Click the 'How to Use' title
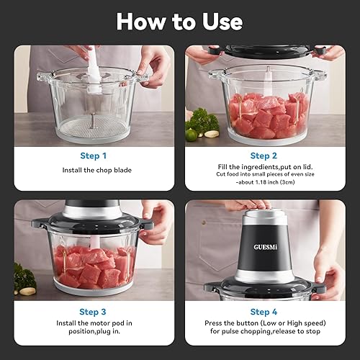pos(179,21)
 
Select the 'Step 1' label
pos(94,155)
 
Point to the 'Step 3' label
pos(94,312)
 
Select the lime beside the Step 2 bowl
pos(192,134)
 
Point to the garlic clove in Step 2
pos(210,133)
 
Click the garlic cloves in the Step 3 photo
pos(27,291)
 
